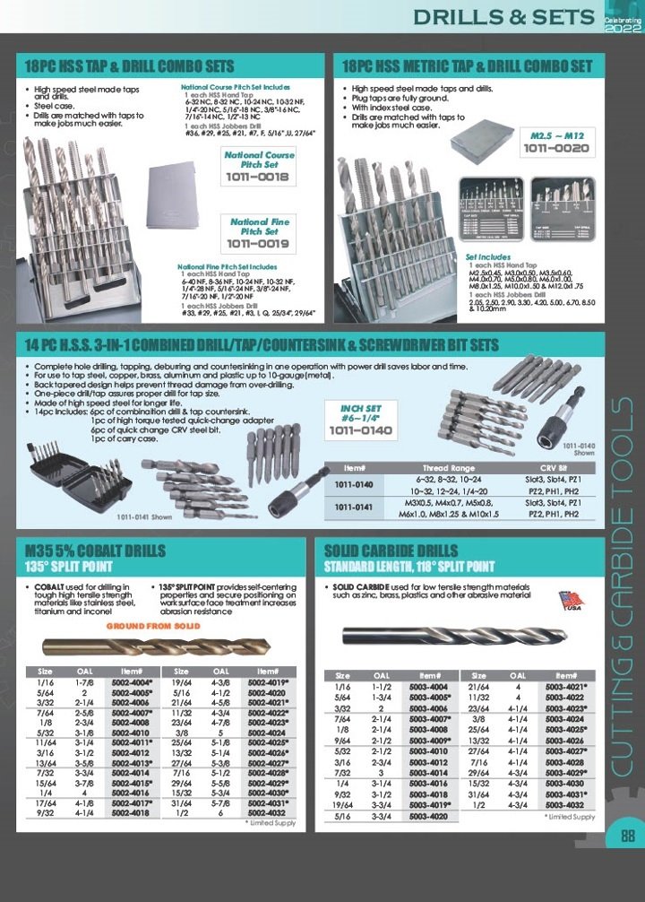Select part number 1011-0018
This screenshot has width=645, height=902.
pyautogui.click(x=258, y=178)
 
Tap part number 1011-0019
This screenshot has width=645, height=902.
pyautogui.click(x=258, y=242)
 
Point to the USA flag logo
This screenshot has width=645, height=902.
pyautogui.click(x=571, y=601)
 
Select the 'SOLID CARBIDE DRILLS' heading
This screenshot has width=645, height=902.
pyautogui.click(x=391, y=551)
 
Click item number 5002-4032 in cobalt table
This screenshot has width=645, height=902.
pyautogui.click(x=268, y=812)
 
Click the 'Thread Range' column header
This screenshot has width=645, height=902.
pyautogui.click(x=449, y=468)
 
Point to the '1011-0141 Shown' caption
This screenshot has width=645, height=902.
pyautogui.click(x=144, y=516)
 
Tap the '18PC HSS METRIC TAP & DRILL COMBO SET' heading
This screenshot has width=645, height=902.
pyautogui.click(x=467, y=66)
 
